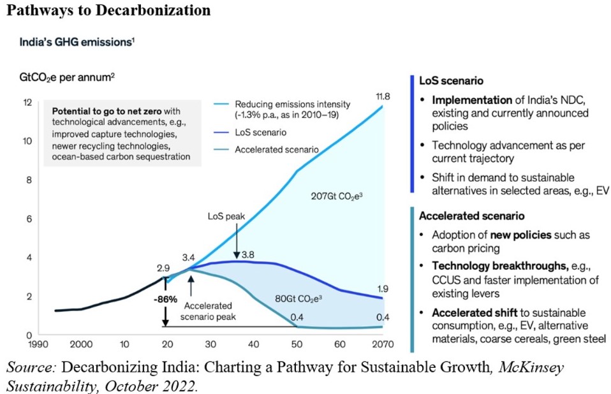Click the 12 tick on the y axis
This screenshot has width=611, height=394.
(x=27, y=103)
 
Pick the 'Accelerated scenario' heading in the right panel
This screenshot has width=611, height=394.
(x=471, y=215)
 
